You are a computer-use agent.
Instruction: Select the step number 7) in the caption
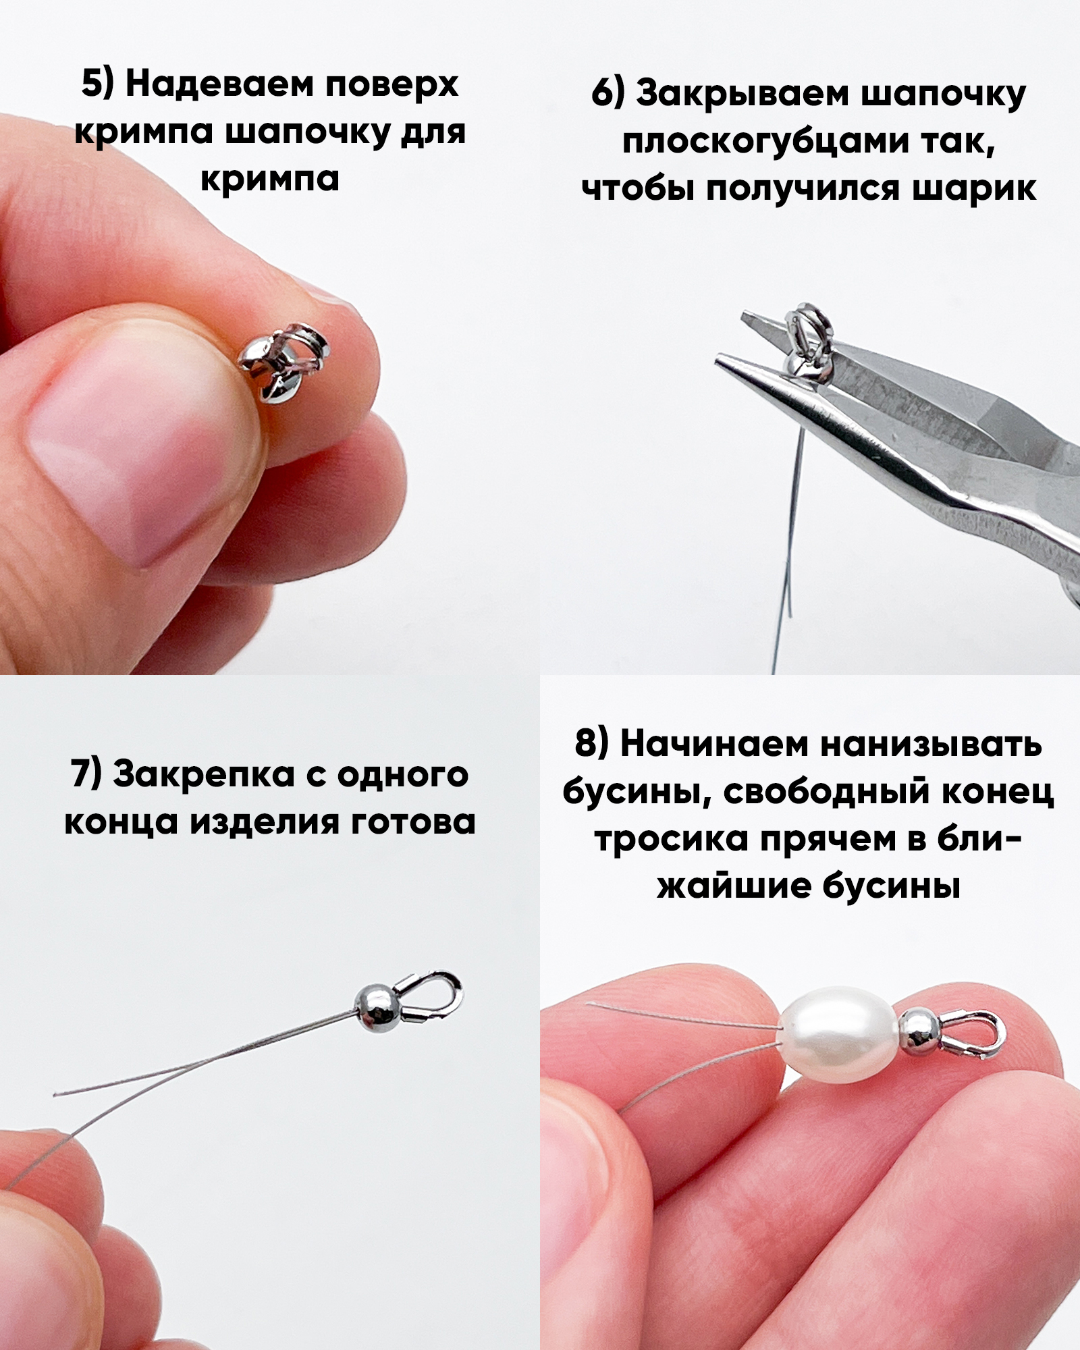click(86, 774)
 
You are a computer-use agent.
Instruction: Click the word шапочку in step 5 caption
click(307, 133)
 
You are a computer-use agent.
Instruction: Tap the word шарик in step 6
click(974, 190)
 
